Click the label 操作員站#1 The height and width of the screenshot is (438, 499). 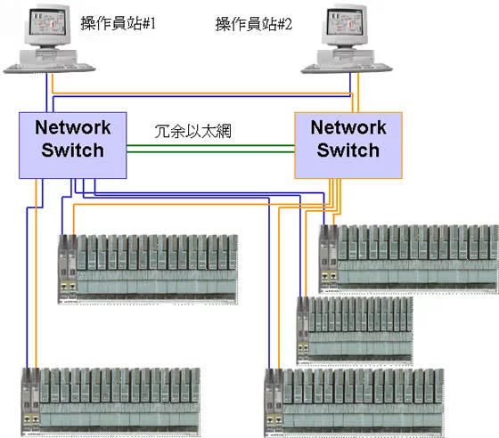(118, 23)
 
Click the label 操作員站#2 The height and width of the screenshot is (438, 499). (254, 24)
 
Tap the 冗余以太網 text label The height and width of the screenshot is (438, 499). (192, 131)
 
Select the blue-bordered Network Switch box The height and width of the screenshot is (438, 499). (72, 145)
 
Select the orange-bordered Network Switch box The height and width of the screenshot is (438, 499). (348, 145)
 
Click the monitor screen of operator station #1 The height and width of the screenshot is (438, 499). (47, 22)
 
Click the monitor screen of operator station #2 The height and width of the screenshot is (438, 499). (345, 22)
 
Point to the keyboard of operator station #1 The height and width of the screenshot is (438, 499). (49, 68)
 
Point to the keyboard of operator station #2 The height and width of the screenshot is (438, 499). (347, 68)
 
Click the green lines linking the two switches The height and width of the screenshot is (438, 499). (210, 149)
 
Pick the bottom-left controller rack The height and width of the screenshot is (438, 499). (110, 401)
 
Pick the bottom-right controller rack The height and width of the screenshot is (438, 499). (354, 403)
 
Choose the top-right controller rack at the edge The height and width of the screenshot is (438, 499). (409, 259)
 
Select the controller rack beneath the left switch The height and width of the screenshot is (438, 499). (148, 269)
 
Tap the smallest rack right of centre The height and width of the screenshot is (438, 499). (355, 330)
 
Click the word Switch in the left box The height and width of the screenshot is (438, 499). (72, 150)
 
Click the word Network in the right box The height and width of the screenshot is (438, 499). (348, 127)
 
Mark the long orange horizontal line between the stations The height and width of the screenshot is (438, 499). (202, 93)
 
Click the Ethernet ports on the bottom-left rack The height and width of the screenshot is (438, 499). (31, 419)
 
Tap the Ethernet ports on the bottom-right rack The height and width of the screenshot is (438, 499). (274, 420)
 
